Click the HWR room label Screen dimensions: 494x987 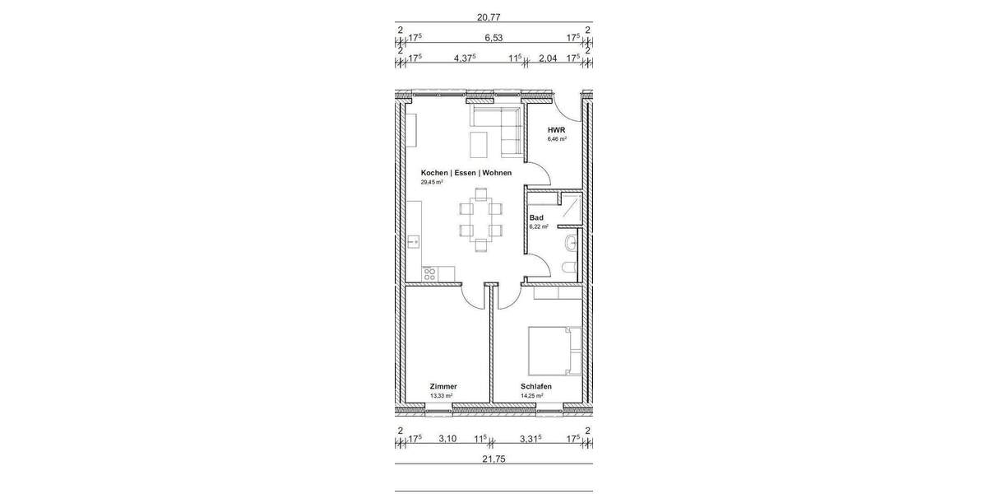tap(557, 131)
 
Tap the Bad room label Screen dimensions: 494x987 tap(536, 217)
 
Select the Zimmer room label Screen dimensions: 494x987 tap(443, 386)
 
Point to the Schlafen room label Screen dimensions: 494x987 tap(535, 386)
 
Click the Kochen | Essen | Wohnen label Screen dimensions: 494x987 tap(466, 173)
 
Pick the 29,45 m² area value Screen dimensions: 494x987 tap(432, 182)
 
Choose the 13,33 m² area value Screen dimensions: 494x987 tap(441, 395)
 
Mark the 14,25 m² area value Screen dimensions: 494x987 tap(532, 395)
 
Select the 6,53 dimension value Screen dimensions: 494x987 tap(493, 37)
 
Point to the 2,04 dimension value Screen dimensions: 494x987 tap(548, 58)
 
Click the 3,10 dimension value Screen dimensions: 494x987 tap(447, 439)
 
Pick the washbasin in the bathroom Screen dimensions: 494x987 tap(571, 243)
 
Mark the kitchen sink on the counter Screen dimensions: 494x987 tap(414, 242)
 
